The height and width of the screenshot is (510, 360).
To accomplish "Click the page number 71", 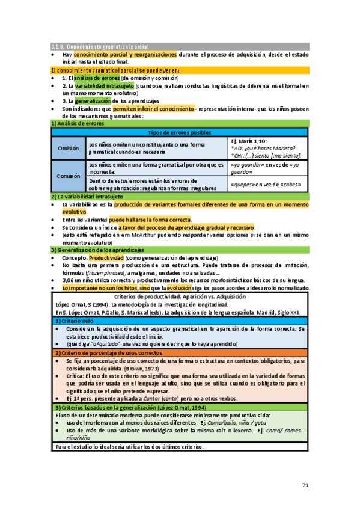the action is [x=304, y=485].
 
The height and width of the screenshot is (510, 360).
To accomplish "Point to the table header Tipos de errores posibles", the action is [x=179, y=132].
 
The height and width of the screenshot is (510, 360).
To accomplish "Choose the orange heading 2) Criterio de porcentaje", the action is [x=103, y=352].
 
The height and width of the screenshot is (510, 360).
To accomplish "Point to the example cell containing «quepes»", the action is [x=265, y=185].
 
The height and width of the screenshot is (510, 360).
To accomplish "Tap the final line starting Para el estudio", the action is [x=129, y=447].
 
